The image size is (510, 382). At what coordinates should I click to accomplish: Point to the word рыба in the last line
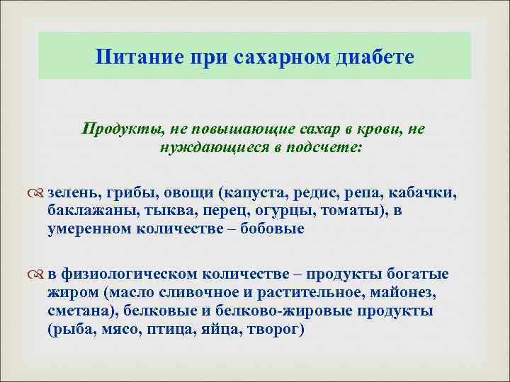72,329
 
